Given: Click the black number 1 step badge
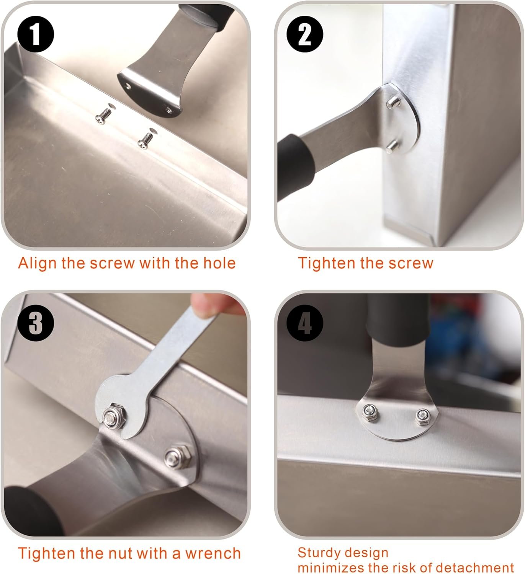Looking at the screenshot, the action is pos(36,34).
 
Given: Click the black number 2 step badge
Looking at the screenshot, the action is pos(305,34).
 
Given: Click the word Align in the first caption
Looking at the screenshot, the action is pos(37,264).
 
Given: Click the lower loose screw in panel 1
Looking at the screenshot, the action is pos(145,140).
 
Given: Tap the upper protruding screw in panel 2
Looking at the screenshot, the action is pos(394,102).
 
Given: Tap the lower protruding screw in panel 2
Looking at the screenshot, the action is pos(393,147).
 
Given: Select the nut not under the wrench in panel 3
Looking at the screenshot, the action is pos(177,456).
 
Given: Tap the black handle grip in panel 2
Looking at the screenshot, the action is pos(294,166).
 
